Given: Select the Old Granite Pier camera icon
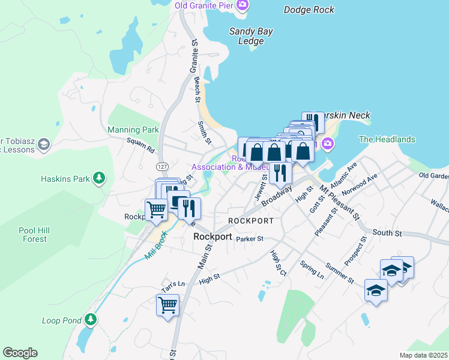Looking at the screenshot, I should click(243, 6).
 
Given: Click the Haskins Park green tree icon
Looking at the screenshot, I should click(99, 178).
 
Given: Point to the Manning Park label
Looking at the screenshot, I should click(133, 130).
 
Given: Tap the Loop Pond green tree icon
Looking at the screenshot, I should click(91, 319).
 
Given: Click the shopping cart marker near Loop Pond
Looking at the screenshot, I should click(167, 304).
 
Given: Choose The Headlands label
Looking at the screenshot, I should click(387, 139).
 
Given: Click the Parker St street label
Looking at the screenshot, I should click(250, 239).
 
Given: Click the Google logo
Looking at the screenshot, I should click(20, 353).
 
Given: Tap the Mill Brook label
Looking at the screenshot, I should click(154, 248).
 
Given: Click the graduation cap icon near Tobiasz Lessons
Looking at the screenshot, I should click(43, 144).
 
